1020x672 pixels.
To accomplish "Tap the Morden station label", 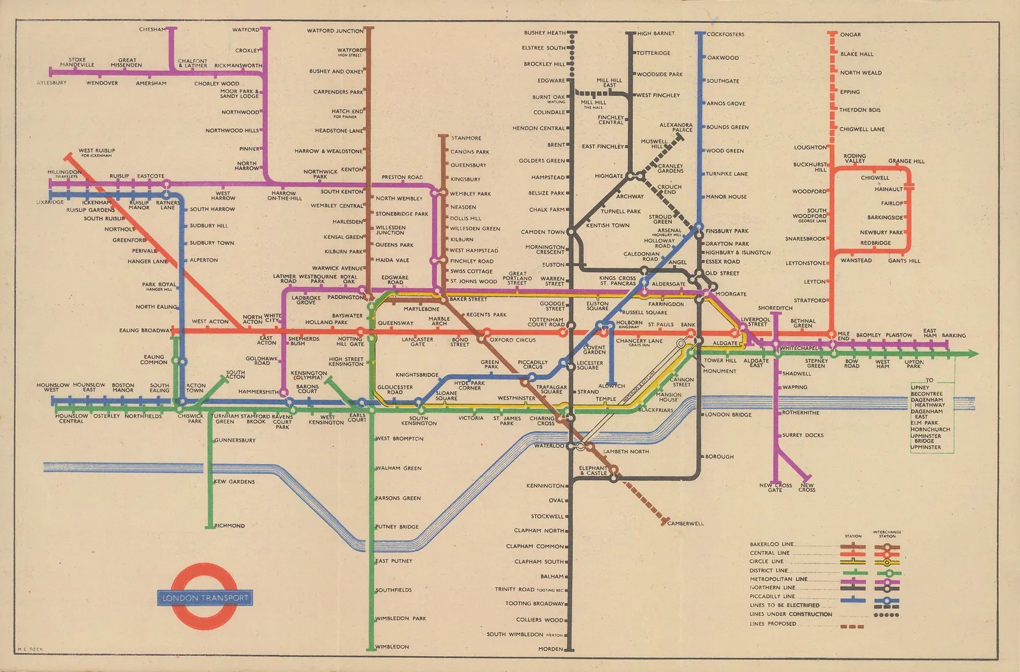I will pos(551,649).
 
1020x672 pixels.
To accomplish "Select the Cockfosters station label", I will pos(725,34).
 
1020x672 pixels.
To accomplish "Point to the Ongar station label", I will pos(850,34).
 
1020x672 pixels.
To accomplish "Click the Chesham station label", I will pos(152,29).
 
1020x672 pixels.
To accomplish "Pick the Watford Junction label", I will pos(335,31).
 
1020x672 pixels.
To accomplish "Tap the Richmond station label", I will pos(229,525).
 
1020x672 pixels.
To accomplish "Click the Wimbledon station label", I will pos(393,646).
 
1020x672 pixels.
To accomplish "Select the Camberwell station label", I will pos(686,523).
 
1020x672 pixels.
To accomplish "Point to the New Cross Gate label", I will pos(775,488).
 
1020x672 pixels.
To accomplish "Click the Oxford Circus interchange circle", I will pos(486,332).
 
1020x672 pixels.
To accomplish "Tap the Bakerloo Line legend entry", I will pos(771,544).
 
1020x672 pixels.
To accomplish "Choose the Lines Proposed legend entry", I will pos(773,624).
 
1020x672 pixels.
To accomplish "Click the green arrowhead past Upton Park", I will pos(972,354).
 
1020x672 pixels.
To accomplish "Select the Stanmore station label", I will pos(466,138).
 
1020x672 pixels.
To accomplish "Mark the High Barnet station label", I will pos(656,33).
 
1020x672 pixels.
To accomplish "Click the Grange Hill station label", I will pos(906,161).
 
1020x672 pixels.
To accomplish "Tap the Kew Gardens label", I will pos(235,481).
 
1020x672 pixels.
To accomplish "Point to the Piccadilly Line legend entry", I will pos(773,597).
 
